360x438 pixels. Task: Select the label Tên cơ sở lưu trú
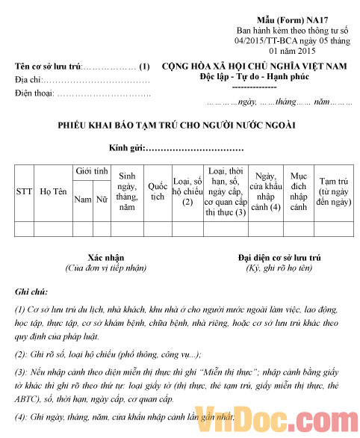pyautogui.click(x=48, y=67)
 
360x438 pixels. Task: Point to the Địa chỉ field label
pyautogui.click(x=28, y=80)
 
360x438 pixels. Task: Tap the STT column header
pyautogui.click(x=24, y=191)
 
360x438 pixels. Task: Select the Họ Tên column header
pyautogui.click(x=54, y=191)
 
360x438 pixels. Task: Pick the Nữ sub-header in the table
pyautogui.click(x=102, y=200)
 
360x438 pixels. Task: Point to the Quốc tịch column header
pyautogui.click(x=158, y=191)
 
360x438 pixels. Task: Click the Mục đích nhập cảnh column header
pyautogui.click(x=298, y=191)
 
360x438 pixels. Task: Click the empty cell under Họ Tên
pyautogui.click(x=54, y=228)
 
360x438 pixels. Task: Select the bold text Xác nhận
pyautogui.click(x=105, y=256)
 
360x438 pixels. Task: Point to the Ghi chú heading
pyautogui.click(x=31, y=291)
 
